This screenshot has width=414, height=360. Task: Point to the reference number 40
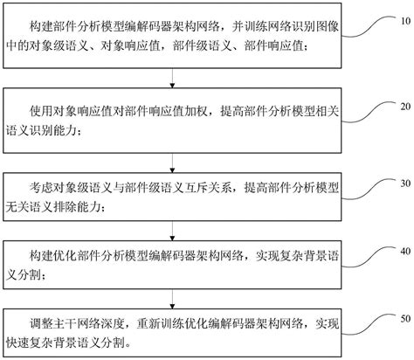coord(397,251)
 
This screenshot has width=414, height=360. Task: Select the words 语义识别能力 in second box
coord(56,131)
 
